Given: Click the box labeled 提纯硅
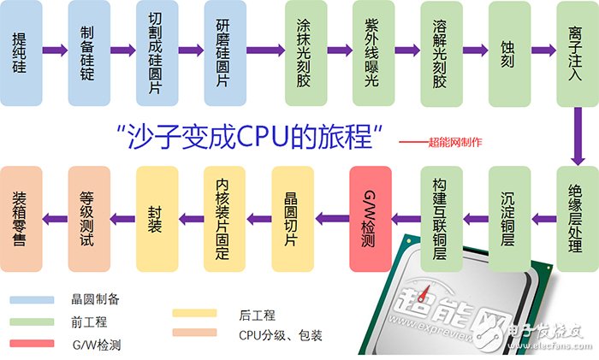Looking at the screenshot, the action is [21, 53].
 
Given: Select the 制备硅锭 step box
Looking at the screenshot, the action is [89, 53].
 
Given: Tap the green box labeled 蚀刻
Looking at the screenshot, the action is [510, 54].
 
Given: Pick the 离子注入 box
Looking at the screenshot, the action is [578, 54].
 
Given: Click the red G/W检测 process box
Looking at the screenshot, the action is [371, 219].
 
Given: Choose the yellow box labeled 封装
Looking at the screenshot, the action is [157, 219].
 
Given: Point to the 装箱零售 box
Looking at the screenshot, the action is [21, 219].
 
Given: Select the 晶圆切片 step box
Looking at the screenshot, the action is [293, 219].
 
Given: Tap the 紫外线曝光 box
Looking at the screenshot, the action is [374, 53].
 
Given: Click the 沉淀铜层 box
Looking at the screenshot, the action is [510, 219].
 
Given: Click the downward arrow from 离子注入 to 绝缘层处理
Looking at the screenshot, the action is [578, 136].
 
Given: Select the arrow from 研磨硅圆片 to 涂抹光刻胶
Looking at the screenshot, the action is [265, 50].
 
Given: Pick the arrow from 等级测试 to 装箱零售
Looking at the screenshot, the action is [55, 219].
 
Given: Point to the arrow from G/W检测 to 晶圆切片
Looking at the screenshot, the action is [332, 219].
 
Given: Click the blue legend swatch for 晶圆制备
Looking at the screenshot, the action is [33, 300].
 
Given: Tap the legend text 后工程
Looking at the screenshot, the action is [257, 316].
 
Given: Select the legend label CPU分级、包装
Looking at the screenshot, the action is [281, 335].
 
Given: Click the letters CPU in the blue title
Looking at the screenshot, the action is [263, 136].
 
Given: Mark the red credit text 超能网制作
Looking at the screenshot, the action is [455, 143].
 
